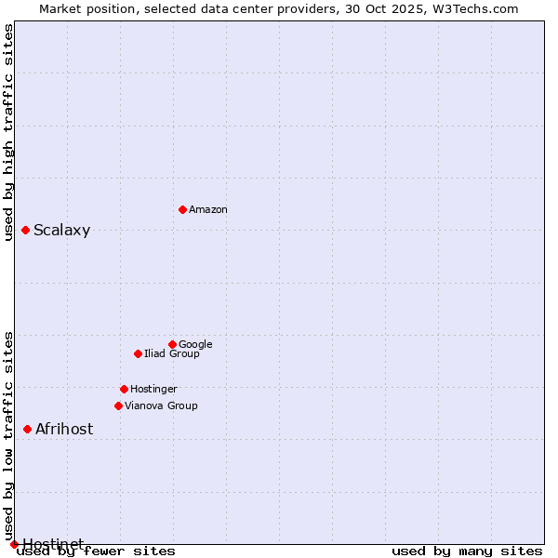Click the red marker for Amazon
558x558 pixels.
[182, 209]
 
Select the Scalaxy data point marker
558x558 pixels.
[25, 230]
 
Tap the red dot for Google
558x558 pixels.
[172, 344]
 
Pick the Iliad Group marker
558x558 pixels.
[138, 353]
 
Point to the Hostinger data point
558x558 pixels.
[124, 389]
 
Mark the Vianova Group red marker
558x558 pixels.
[118, 405]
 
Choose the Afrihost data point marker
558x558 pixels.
[27, 429]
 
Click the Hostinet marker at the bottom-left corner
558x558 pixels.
[14, 544]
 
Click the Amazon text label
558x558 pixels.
[208, 210]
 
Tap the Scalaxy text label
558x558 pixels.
[62, 231]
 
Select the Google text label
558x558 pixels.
[195, 344]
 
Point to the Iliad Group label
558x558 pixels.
[172, 353]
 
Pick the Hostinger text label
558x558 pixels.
[153, 389]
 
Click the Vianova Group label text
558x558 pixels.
[161, 405]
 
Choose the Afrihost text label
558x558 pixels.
[64, 430]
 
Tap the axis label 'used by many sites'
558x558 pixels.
[467, 551]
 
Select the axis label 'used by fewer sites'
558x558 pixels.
[96, 551]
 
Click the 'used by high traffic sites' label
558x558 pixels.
[8, 132]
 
